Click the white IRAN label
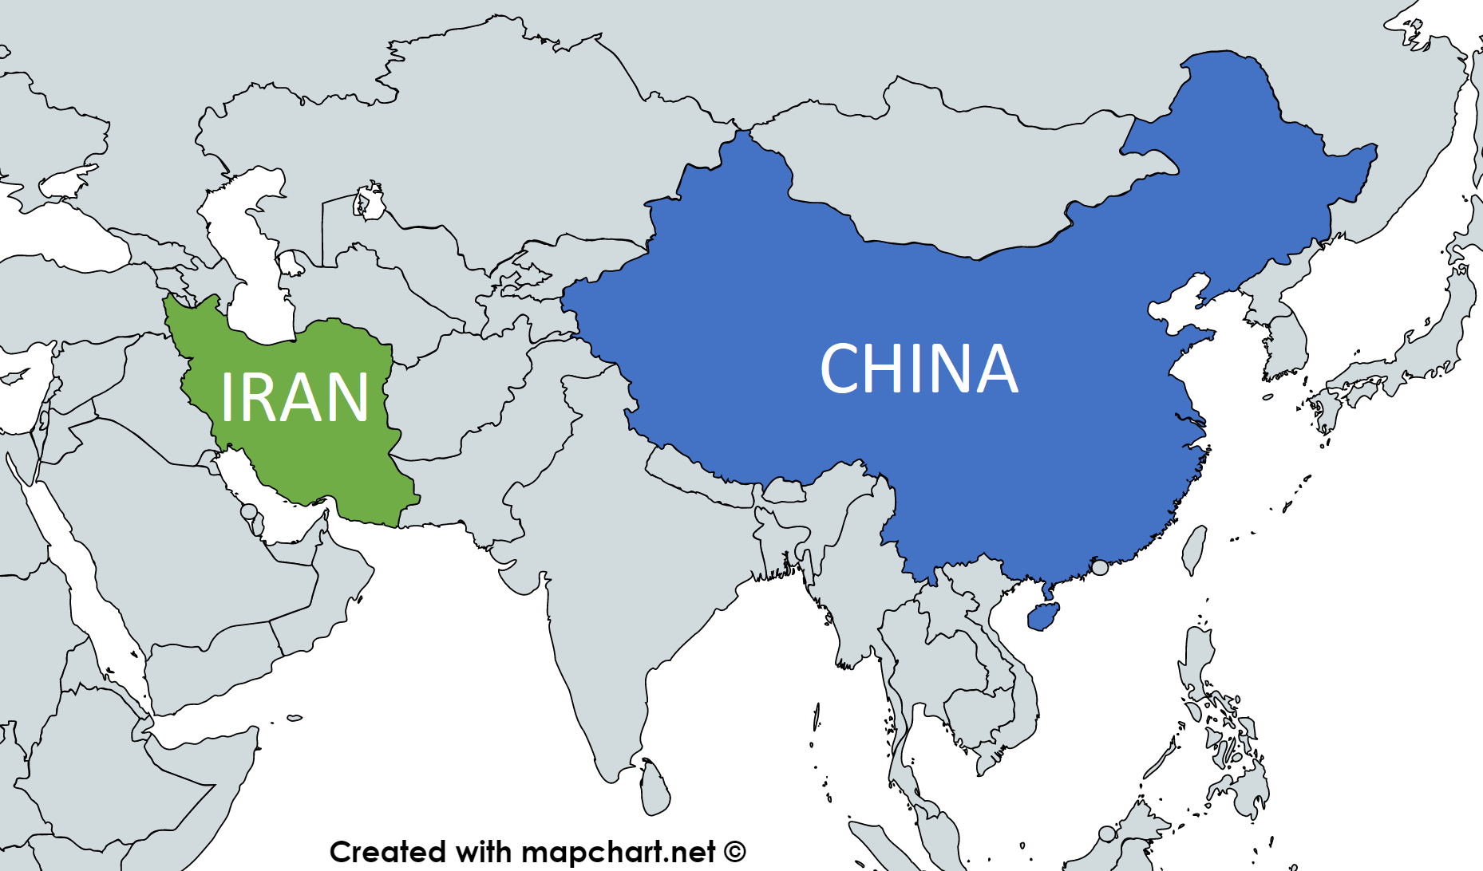click(294, 397)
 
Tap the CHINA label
click(919, 368)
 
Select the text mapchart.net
click(613, 852)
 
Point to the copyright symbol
click(735, 852)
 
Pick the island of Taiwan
click(1194, 549)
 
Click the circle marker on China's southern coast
click(1100, 567)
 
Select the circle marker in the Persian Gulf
click(249, 511)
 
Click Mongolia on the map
click(958, 183)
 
